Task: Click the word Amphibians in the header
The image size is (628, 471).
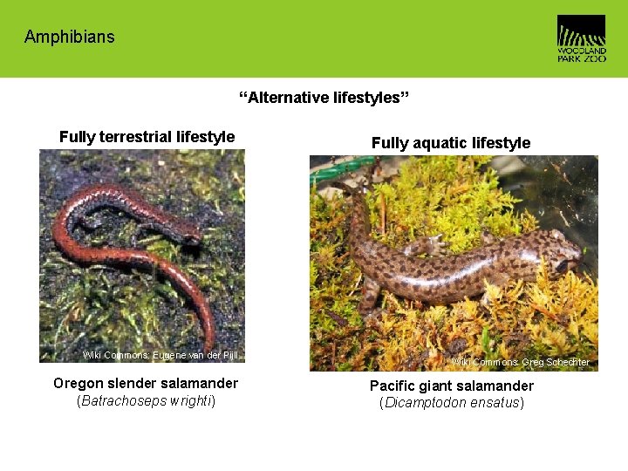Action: coord(69,37)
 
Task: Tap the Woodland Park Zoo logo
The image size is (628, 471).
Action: coord(581,38)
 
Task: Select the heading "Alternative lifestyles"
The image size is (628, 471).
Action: coord(324,97)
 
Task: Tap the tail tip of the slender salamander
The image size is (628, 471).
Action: coord(211,345)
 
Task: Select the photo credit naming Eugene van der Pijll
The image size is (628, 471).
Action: coord(160,355)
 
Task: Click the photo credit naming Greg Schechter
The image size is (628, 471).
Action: coord(520,362)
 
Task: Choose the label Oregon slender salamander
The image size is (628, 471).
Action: coord(146,383)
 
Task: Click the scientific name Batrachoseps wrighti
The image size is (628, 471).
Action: coord(146,401)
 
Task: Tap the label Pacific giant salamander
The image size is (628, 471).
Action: coord(451,386)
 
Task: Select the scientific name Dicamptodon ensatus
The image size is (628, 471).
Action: coord(451,403)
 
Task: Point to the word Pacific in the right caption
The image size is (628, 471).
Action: coord(392,386)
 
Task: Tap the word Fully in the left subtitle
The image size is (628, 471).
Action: coord(77,137)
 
